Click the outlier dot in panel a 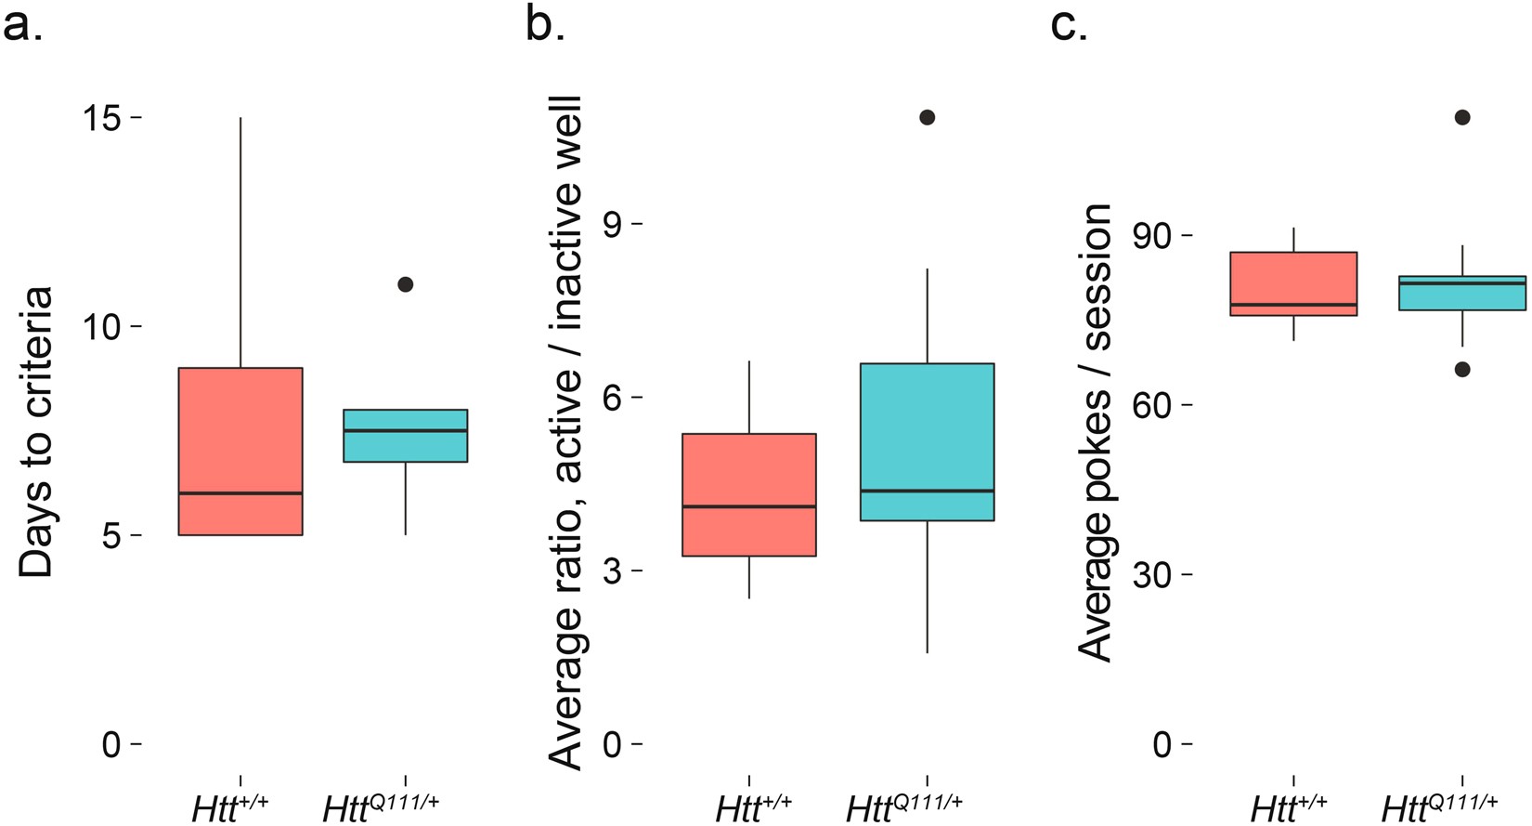(405, 284)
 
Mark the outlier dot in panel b (927, 117)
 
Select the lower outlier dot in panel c (1462, 370)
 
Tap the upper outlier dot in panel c (1462, 117)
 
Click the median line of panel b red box (748, 506)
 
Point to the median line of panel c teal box (1462, 282)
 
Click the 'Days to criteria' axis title (36, 432)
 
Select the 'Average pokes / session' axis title (1097, 432)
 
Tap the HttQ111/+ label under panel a (381, 806)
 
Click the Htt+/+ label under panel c (1289, 806)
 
